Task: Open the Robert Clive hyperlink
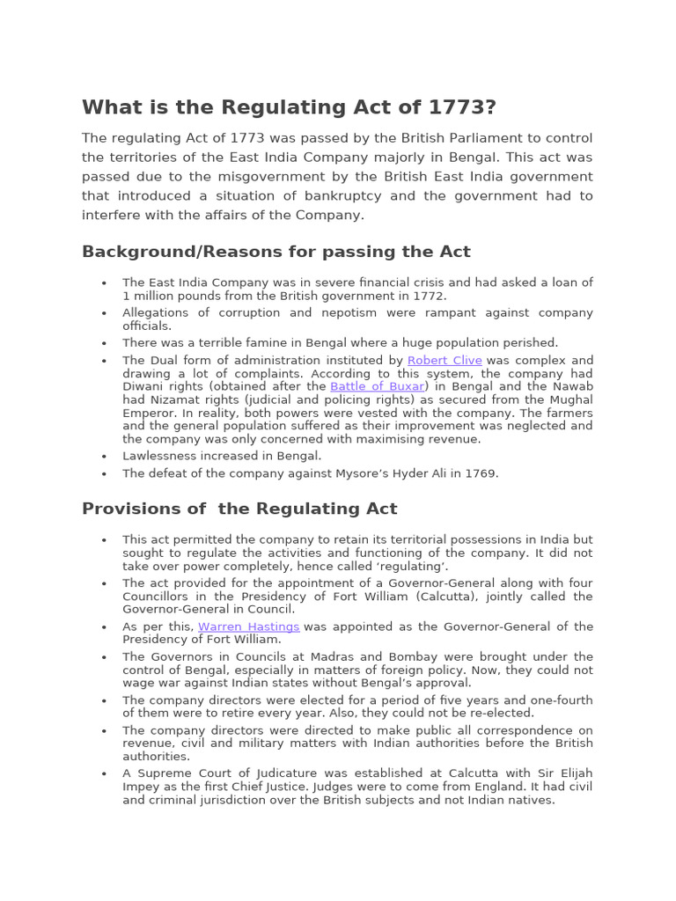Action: [x=445, y=361]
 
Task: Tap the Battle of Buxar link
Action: [x=377, y=386]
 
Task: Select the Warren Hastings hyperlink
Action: [x=248, y=626]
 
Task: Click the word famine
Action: [x=246, y=343]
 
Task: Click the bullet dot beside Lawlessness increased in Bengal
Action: [x=104, y=457]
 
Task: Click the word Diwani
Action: [x=143, y=386]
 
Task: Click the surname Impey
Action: [x=142, y=787]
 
